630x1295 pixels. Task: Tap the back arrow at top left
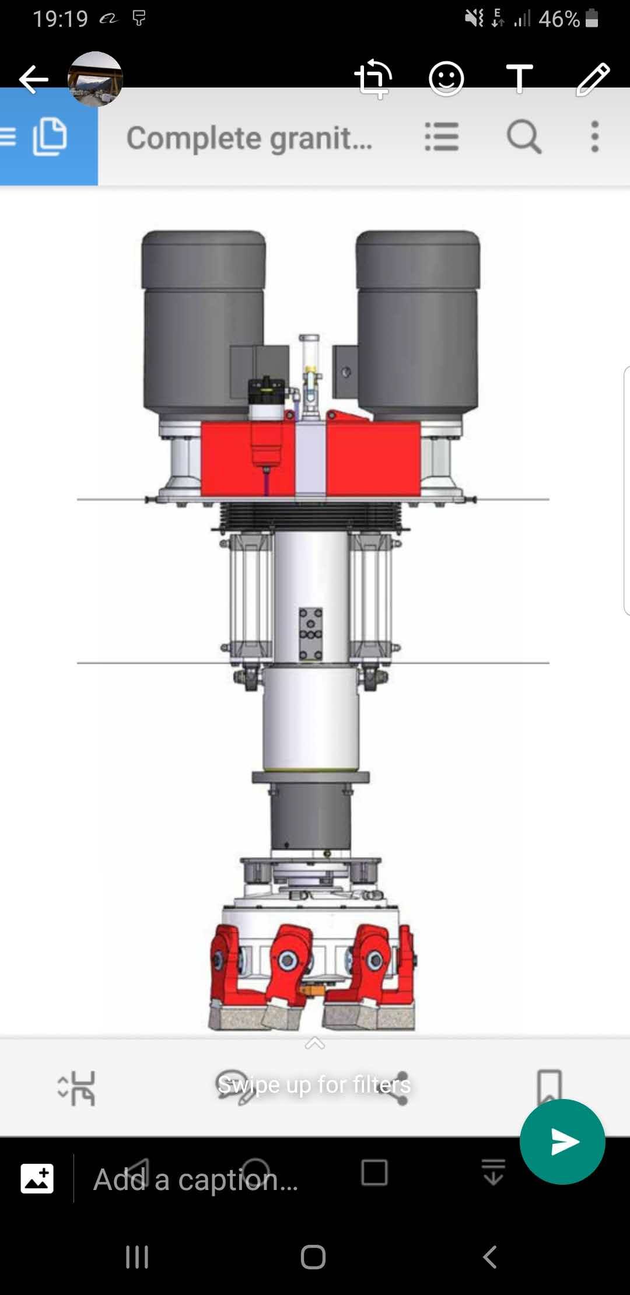(x=33, y=79)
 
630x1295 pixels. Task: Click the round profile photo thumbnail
(x=95, y=79)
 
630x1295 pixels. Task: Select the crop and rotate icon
(x=373, y=79)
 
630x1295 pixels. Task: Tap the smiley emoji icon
(x=446, y=79)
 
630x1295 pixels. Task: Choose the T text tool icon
(x=519, y=79)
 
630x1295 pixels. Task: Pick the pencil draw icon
(x=593, y=79)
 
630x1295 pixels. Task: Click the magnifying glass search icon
(x=524, y=137)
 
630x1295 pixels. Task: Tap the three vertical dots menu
(x=594, y=137)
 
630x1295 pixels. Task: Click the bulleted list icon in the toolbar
(x=442, y=137)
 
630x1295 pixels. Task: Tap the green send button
(x=562, y=1142)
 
